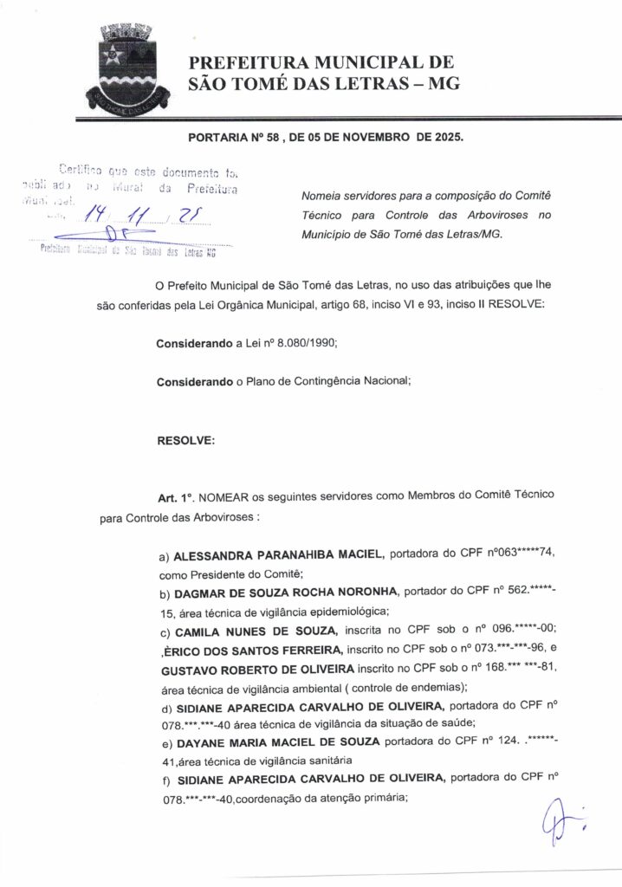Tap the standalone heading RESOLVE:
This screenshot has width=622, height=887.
pyautogui.click(x=185, y=440)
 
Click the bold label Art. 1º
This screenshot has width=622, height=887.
pyautogui.click(x=174, y=499)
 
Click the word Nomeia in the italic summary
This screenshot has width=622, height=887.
pyautogui.click(x=321, y=197)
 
